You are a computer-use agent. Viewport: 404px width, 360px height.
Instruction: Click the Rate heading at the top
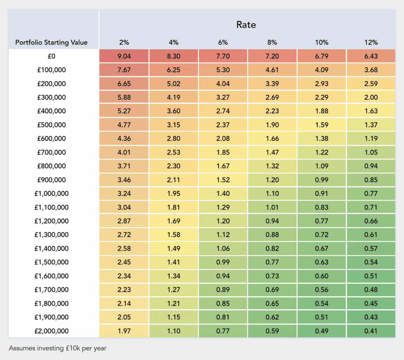[246, 24]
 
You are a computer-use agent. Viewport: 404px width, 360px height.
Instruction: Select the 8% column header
[272, 42]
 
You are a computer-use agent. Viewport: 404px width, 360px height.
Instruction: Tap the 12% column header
[371, 42]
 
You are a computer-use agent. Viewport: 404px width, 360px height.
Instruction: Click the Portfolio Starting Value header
[51, 42]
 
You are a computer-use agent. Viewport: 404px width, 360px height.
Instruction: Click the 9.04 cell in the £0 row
[124, 56]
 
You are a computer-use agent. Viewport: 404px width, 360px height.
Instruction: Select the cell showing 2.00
[371, 97]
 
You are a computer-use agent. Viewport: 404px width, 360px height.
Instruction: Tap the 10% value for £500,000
[322, 125]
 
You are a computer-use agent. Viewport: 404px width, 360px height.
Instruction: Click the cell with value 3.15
[174, 125]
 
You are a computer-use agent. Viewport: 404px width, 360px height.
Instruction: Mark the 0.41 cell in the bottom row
[371, 330]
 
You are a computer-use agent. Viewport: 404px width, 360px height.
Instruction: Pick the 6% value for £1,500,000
[223, 262]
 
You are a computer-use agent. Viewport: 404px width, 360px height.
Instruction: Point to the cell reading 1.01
[272, 207]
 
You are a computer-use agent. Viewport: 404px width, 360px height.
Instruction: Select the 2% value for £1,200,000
[124, 221]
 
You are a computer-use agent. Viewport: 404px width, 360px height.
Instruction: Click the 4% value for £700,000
[174, 152]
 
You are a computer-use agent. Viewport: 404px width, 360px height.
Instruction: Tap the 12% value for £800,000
[371, 166]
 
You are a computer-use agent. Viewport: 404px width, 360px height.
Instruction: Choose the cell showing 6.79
[322, 56]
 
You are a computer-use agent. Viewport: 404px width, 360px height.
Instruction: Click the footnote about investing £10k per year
[57, 348]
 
